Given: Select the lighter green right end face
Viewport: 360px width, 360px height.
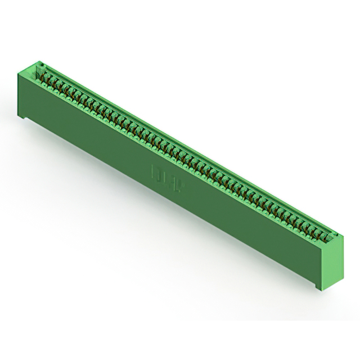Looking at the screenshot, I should [332, 261].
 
